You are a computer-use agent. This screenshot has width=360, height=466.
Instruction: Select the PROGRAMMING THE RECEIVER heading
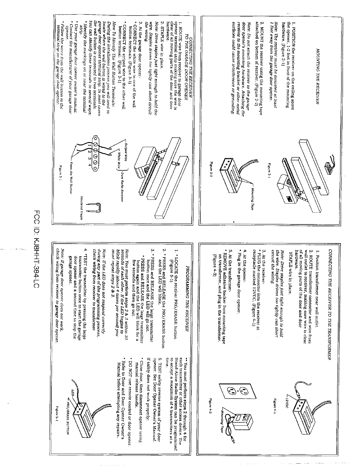[187, 294]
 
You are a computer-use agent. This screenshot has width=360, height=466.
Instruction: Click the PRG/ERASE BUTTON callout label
[69, 412]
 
